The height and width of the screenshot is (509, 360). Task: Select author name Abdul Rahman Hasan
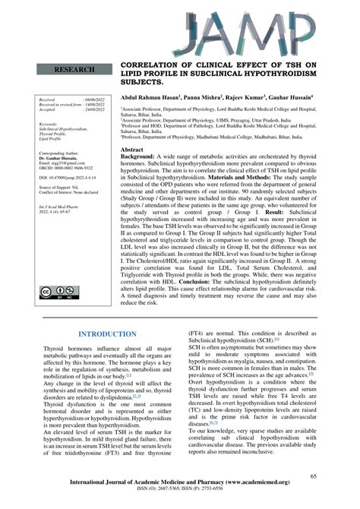click(151, 97)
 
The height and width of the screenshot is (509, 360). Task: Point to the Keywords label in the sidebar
click(50, 123)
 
